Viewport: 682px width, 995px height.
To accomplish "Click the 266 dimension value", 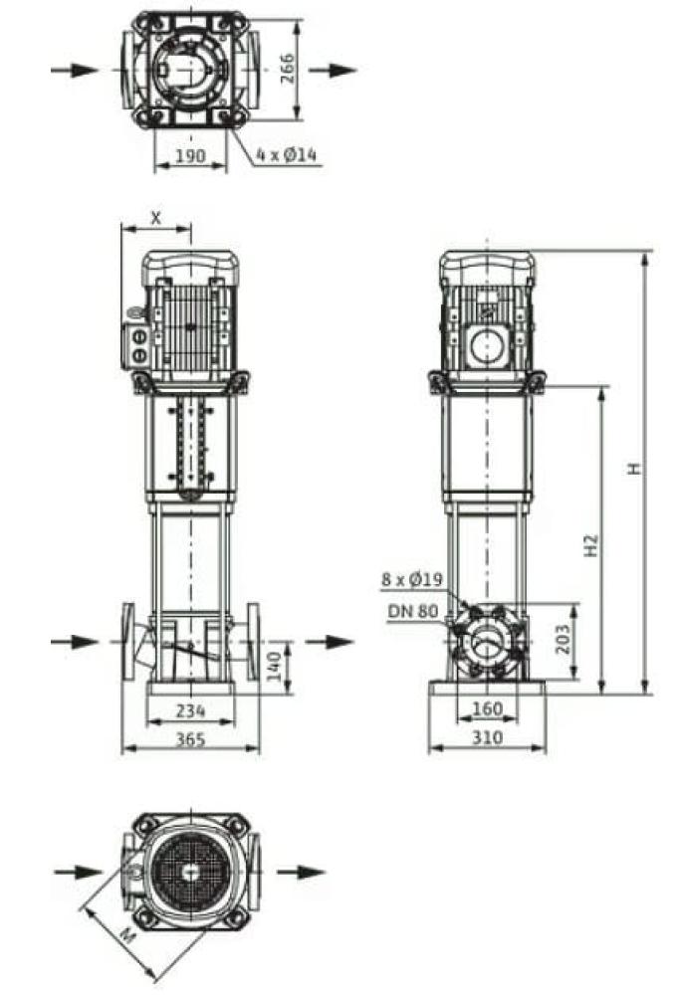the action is [x=287, y=68].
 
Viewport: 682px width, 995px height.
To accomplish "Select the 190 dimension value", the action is [x=190, y=155].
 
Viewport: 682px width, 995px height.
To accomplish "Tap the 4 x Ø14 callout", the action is [x=287, y=154].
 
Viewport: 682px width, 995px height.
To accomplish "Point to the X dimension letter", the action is [x=156, y=218].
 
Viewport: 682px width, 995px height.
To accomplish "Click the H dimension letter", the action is [x=634, y=469].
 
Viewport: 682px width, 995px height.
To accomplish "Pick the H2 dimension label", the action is [x=591, y=545].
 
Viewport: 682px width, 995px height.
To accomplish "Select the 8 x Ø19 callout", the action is [x=412, y=579].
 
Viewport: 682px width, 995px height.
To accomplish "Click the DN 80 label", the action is [x=413, y=612].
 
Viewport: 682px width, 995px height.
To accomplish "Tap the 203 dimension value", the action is [x=563, y=640].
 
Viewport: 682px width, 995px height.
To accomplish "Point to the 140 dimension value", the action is [x=275, y=666].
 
